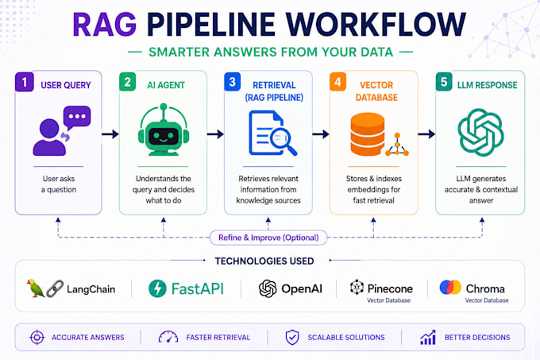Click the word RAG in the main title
tap(104, 25)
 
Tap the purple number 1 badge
tap(24, 82)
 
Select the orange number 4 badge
tap(337, 82)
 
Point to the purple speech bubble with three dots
tap(77, 118)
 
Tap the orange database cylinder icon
tap(368, 134)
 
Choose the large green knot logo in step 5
tap(480, 132)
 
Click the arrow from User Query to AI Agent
tap(110, 134)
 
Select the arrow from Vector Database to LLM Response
tap(426, 134)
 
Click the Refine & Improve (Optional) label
tap(268, 238)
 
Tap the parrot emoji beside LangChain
tap(36, 288)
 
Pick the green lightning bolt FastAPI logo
tap(157, 288)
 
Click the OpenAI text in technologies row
tap(302, 288)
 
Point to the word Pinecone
tap(390, 288)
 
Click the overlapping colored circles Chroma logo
tap(450, 288)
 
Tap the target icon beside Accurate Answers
tap(37, 337)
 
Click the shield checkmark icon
tap(292, 337)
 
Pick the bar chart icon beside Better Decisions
tap(428, 337)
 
